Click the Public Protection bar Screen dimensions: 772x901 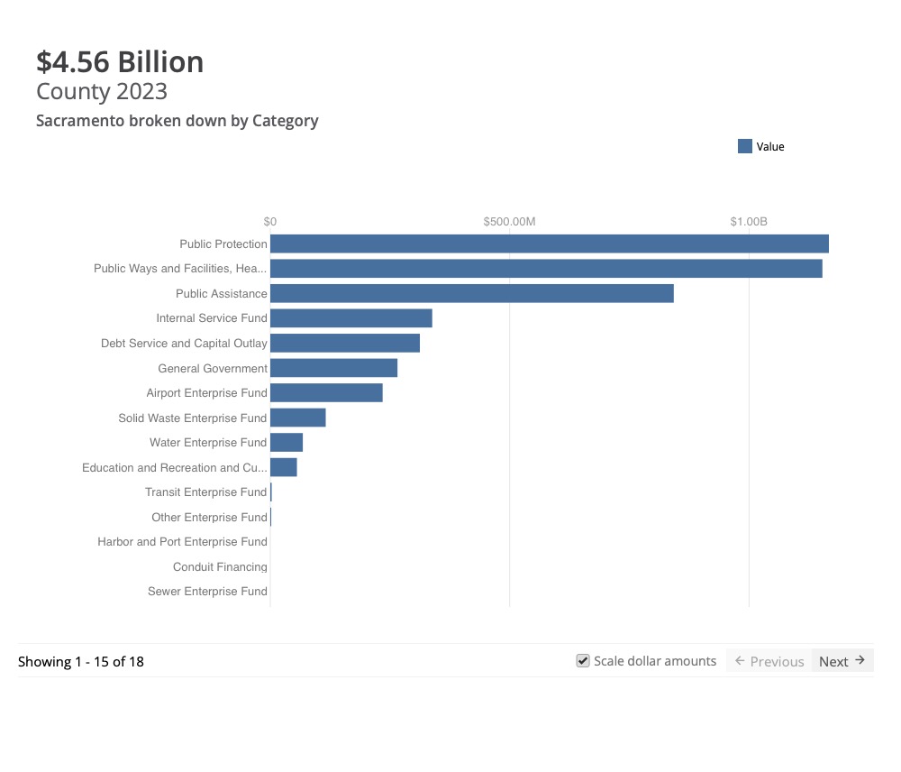pyautogui.click(x=549, y=244)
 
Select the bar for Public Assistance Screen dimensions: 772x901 pyautogui.click(x=471, y=293)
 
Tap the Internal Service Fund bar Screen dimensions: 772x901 pyautogui.click(x=350, y=318)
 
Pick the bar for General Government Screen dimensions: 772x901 pyautogui.click(x=333, y=368)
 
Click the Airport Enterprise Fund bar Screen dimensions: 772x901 pyautogui.click(x=326, y=392)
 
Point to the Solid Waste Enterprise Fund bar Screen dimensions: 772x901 pyautogui.click(x=297, y=418)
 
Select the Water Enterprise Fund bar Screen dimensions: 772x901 pyautogui.click(x=287, y=442)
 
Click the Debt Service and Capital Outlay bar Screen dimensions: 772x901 pyautogui.click(x=345, y=343)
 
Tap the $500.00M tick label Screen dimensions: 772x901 pyautogui.click(x=509, y=222)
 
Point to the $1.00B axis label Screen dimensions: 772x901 pyautogui.click(x=749, y=222)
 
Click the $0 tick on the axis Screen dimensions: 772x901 pyautogui.click(x=270, y=222)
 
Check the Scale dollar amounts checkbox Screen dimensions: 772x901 pyautogui.click(x=583, y=661)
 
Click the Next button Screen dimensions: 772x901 pyautogui.click(x=842, y=661)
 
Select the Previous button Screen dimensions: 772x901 pyautogui.click(x=769, y=661)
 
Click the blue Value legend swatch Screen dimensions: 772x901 pyautogui.click(x=745, y=146)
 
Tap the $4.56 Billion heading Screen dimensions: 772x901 pyautogui.click(x=120, y=61)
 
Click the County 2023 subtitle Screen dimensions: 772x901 pyautogui.click(x=102, y=91)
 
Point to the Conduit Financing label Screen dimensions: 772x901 pyautogui.click(x=220, y=567)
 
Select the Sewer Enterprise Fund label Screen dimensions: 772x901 pyautogui.click(x=207, y=592)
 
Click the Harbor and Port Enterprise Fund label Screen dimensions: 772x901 pyautogui.click(x=182, y=542)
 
